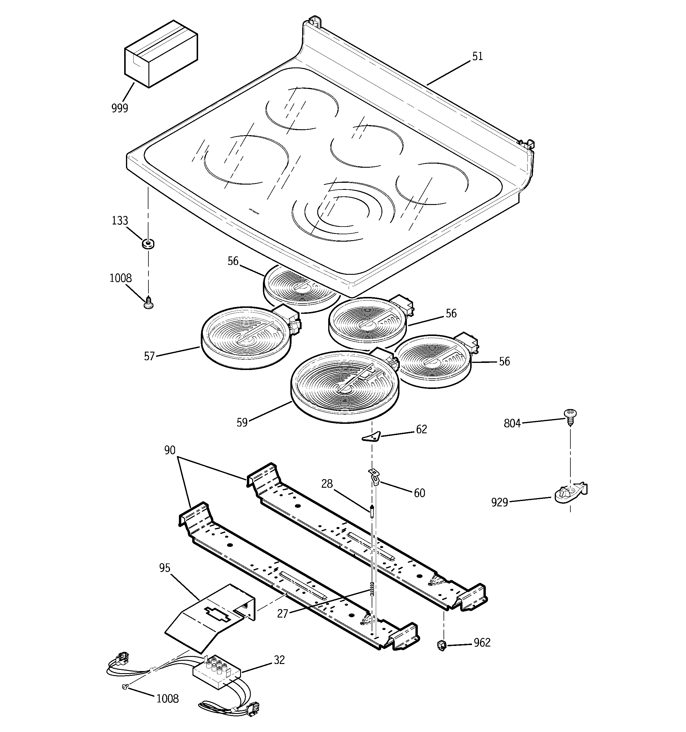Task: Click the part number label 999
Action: [x=120, y=108]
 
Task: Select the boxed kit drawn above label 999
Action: [x=161, y=54]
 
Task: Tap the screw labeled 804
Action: [x=570, y=416]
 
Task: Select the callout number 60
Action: [x=419, y=493]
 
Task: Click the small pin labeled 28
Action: [x=372, y=512]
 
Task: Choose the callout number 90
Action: [x=170, y=450]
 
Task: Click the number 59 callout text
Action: [x=242, y=422]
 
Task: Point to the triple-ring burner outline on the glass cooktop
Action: [x=343, y=211]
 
